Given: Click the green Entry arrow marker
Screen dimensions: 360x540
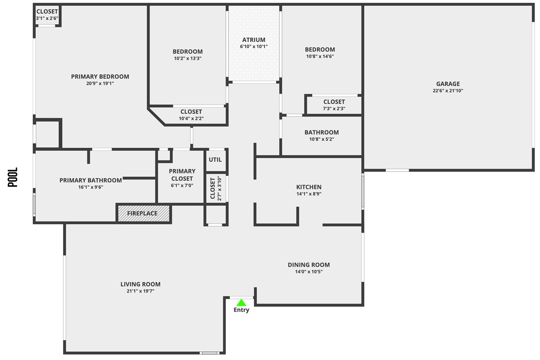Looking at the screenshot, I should [x=241, y=302].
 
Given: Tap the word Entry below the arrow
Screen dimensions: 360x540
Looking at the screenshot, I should [x=241, y=310].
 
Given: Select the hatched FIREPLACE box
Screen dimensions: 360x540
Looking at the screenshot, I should [x=144, y=213].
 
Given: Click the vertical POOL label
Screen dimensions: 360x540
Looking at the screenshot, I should [x=13, y=177].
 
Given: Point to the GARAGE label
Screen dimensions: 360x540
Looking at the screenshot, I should [x=448, y=84].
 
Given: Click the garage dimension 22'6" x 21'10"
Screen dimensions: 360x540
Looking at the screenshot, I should [x=448, y=91].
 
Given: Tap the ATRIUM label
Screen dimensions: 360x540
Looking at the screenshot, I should [x=254, y=40].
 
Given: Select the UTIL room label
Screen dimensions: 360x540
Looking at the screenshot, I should [x=215, y=159].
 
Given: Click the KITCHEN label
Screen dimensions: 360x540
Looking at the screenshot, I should [x=309, y=187].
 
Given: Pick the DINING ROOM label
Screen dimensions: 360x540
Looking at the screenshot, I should [x=309, y=265].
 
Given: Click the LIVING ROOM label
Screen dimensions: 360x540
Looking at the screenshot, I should [x=140, y=284].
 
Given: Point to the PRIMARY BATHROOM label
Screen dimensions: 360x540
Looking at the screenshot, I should [x=90, y=180].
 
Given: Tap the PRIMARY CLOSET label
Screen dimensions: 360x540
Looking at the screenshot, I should [x=182, y=175].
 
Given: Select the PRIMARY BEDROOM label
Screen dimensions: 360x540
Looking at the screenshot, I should [x=100, y=76].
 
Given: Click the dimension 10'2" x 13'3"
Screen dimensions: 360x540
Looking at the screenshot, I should [x=188, y=58].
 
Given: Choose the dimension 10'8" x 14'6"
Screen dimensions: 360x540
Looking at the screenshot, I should [x=320, y=57].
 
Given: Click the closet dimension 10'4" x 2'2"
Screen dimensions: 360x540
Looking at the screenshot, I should [x=191, y=119].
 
